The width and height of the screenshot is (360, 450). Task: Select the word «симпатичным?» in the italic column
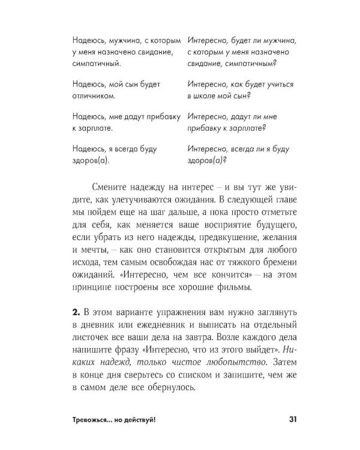click(x=248, y=64)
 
